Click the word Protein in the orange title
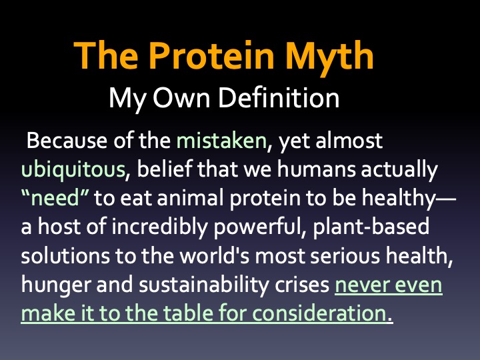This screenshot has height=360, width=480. (211, 56)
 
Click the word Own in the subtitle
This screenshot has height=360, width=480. (181, 98)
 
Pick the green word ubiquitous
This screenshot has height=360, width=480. (73, 170)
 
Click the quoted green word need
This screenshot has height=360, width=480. (55, 198)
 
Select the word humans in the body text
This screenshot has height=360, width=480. (316, 169)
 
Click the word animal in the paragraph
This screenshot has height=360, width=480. (190, 198)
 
